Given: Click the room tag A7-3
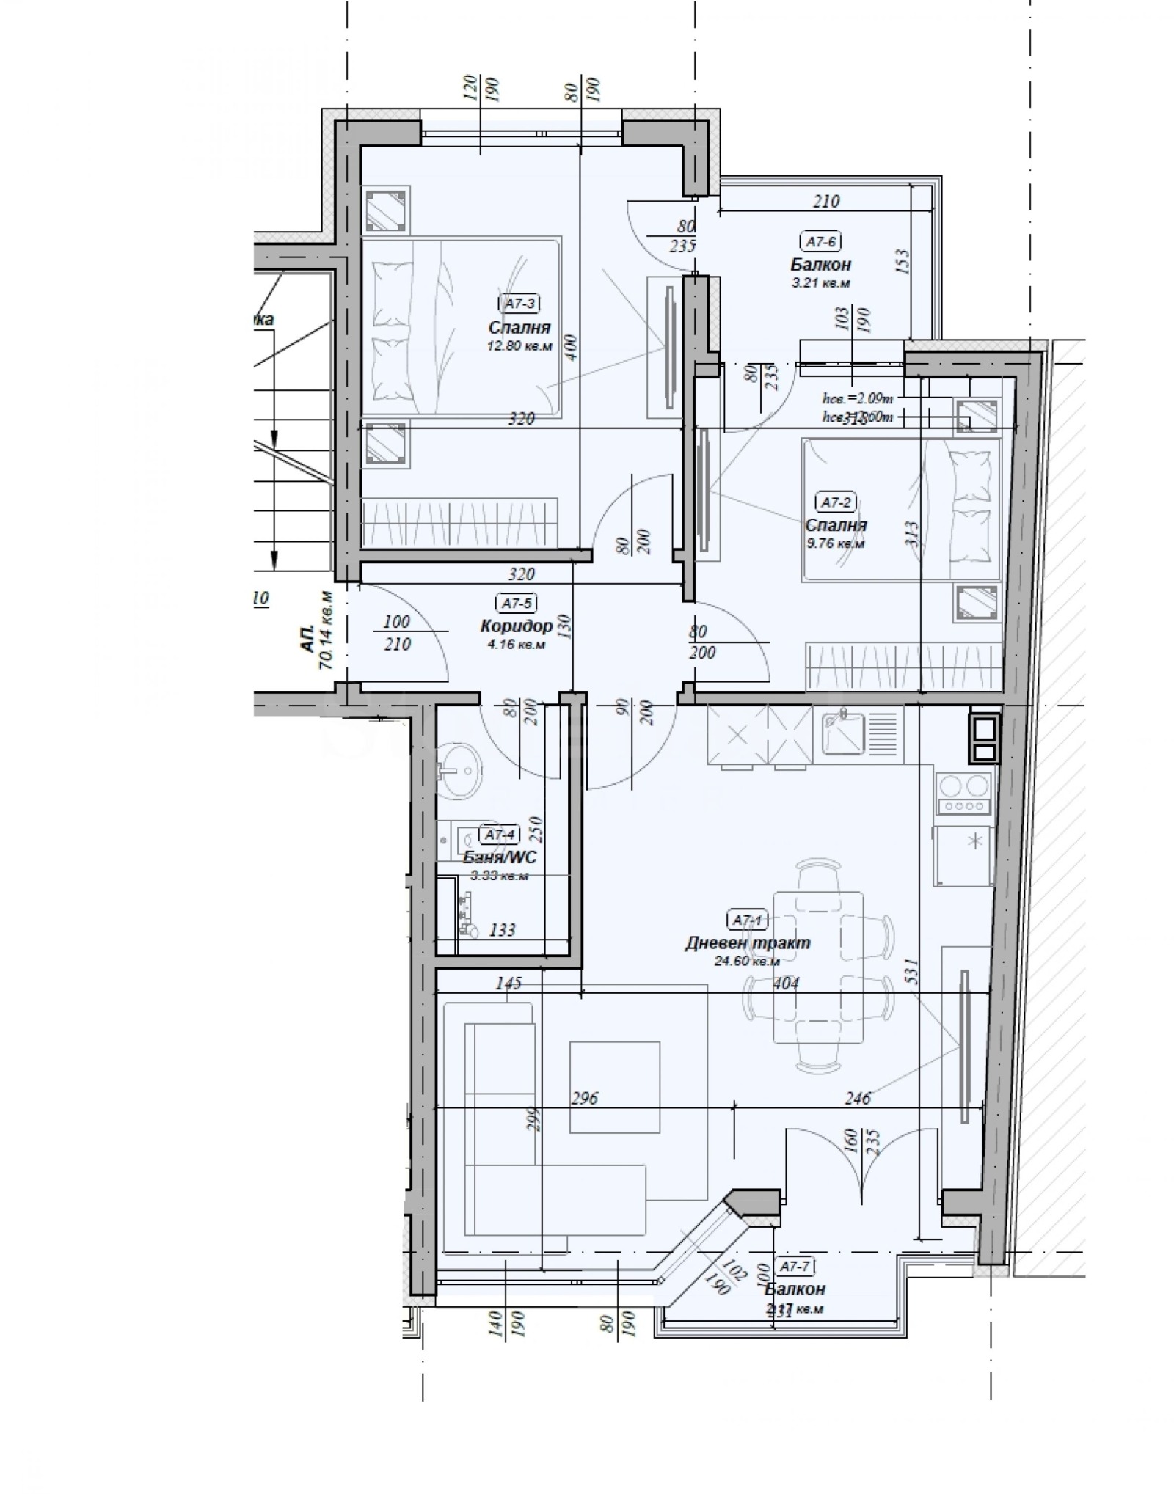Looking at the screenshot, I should point(519,301).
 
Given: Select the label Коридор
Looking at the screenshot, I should point(516,626).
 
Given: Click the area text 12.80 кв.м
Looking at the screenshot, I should point(519,345).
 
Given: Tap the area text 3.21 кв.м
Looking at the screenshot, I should point(820,282).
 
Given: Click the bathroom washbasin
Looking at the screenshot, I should point(459,770).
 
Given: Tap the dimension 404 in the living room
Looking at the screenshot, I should point(785,984).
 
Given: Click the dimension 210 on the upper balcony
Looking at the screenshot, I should point(825,201).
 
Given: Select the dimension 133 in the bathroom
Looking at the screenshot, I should point(502,930).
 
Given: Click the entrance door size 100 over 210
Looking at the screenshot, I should point(397,632).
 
